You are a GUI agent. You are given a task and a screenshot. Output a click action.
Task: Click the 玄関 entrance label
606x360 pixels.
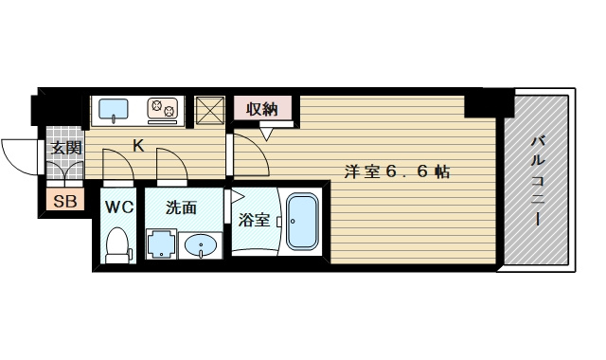[65, 148]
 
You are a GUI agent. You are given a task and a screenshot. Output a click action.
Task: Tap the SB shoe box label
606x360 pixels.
[64, 201]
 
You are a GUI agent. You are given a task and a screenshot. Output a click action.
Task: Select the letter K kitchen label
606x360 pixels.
[138, 146]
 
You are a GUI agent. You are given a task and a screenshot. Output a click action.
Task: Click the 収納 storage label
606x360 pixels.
[262, 109]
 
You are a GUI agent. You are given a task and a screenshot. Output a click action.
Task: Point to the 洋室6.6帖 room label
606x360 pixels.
[395, 171]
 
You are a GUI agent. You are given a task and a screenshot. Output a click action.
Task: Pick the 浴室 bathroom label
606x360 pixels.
[254, 220]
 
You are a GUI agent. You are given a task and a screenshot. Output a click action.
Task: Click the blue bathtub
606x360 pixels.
[304, 224]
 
